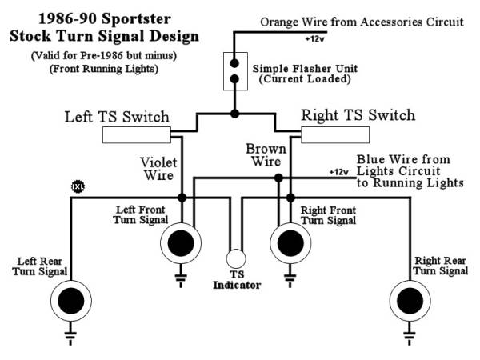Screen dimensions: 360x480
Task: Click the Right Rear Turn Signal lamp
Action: click(408, 301)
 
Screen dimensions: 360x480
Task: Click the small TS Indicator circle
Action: click(235, 258)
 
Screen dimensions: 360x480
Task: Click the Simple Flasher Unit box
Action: click(234, 71)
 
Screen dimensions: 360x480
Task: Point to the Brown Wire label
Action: click(266, 155)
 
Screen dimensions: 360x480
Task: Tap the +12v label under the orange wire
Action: click(314, 38)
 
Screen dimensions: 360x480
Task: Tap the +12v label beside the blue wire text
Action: click(338, 171)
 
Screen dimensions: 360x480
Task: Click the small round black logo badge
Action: click(78, 186)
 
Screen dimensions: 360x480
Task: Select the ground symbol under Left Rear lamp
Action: click(70, 336)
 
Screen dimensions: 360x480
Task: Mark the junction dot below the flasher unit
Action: click(234, 114)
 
